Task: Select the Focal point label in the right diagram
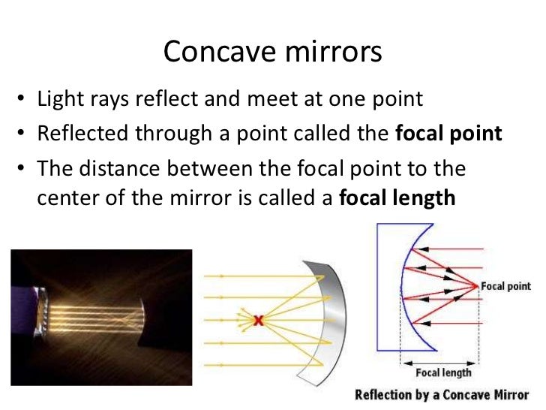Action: point(505,286)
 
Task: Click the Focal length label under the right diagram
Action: point(443,372)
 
